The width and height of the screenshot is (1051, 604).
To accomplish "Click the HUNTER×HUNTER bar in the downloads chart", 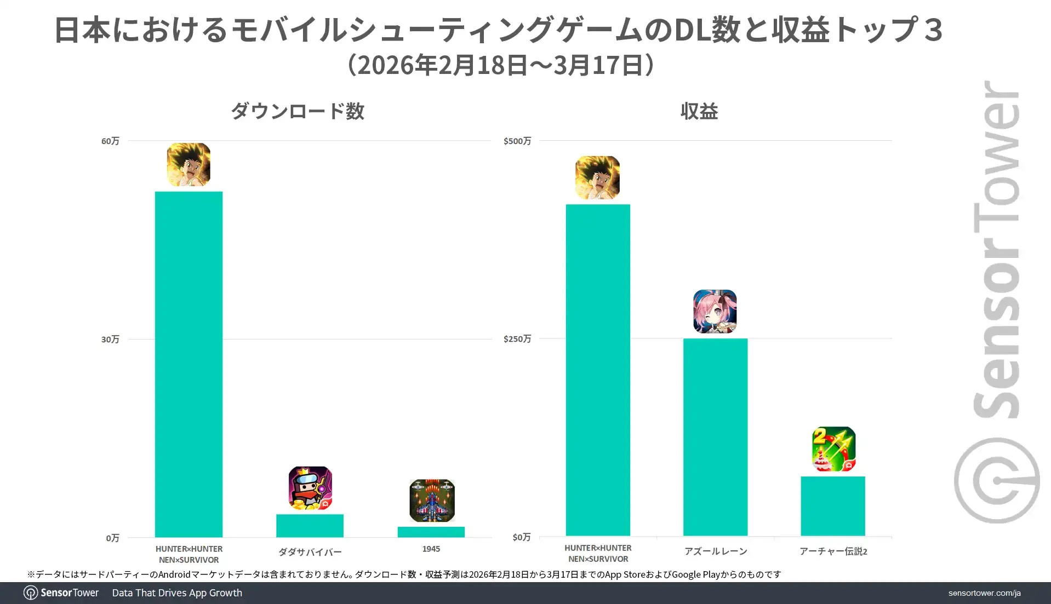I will click(x=189, y=364).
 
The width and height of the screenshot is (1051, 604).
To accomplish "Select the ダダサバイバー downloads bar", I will click(x=310, y=526).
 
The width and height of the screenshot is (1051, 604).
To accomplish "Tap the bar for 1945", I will click(x=431, y=532).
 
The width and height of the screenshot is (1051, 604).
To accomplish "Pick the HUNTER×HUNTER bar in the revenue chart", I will click(x=598, y=370).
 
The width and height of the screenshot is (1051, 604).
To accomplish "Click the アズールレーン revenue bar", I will click(x=715, y=437).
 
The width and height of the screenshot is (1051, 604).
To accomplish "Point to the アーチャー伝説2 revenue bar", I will click(x=832, y=506).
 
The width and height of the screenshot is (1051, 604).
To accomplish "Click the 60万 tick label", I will click(x=110, y=141).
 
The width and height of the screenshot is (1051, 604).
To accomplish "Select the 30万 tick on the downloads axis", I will click(x=110, y=340).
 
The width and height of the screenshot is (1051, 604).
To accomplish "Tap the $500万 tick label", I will click(x=517, y=141).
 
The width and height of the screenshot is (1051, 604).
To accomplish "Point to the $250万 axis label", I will click(x=517, y=339).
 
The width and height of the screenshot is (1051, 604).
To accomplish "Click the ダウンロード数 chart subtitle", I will click(x=298, y=111).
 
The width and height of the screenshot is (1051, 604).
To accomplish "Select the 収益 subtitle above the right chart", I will click(x=699, y=111).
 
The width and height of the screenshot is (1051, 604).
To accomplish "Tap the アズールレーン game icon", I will click(x=715, y=312).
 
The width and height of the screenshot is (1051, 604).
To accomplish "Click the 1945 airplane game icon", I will click(x=432, y=501).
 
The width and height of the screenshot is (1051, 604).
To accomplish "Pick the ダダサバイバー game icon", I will click(x=310, y=488).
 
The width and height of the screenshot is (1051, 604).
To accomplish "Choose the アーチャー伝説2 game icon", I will click(x=833, y=449).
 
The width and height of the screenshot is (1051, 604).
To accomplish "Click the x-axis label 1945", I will click(x=431, y=549).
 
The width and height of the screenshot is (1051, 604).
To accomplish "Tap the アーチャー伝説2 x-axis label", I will click(x=833, y=551).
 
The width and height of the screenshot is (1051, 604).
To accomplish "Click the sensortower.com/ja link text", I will click(x=984, y=593).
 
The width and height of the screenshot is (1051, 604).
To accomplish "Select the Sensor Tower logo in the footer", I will click(x=61, y=593).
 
